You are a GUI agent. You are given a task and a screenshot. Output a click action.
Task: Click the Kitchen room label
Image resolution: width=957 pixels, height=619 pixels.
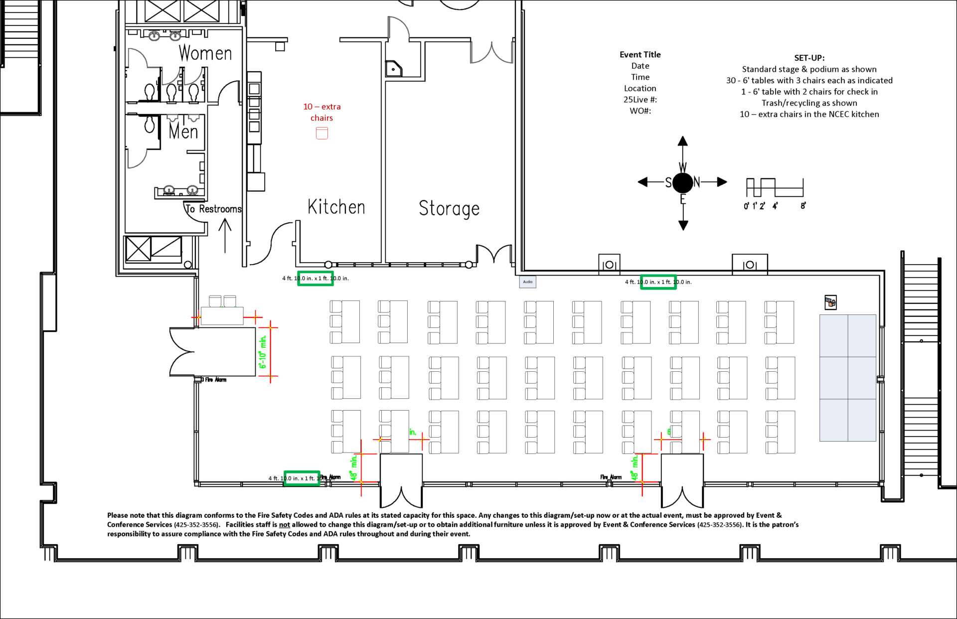click(x=336, y=207)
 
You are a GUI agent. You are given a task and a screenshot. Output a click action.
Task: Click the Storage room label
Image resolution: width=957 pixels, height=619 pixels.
click(x=449, y=208)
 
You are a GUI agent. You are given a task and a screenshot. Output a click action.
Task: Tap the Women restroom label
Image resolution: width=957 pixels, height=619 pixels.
click(x=205, y=53)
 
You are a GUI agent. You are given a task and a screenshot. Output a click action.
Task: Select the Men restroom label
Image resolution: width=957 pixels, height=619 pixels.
click(x=183, y=132)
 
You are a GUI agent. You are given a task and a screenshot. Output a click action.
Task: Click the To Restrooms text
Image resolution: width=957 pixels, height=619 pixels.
click(x=213, y=209)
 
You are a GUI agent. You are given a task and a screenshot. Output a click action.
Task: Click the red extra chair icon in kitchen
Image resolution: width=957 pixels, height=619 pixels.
click(x=322, y=133)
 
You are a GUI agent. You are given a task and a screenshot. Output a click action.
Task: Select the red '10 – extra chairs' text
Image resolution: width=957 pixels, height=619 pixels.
click(x=322, y=112)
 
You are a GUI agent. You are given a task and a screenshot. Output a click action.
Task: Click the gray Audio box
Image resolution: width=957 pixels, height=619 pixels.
click(x=528, y=282)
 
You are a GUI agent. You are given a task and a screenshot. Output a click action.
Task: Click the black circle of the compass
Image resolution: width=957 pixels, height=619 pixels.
click(x=683, y=183)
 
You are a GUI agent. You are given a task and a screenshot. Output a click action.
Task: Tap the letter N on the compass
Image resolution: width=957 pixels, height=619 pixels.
click(x=697, y=182)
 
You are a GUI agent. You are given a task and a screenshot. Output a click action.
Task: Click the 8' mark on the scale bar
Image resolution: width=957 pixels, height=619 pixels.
click(x=803, y=206)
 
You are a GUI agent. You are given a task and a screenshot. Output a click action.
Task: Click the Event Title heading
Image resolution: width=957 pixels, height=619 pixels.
click(x=640, y=55)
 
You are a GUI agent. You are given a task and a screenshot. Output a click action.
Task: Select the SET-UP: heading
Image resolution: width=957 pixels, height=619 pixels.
click(x=809, y=58)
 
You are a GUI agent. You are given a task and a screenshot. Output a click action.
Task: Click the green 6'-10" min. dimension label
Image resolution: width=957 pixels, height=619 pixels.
click(x=263, y=352)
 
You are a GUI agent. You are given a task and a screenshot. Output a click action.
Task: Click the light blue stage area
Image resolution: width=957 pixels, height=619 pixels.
click(x=847, y=377)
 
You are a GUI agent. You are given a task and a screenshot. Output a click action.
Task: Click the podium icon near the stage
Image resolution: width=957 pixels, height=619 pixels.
click(x=830, y=302)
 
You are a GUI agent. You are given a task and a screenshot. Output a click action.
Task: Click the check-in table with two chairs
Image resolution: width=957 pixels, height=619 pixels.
click(x=222, y=316)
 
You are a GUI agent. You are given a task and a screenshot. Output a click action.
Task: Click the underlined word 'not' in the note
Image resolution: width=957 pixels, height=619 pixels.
click(x=284, y=525)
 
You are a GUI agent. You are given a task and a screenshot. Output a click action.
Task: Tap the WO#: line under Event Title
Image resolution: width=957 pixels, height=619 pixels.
click(x=640, y=111)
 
